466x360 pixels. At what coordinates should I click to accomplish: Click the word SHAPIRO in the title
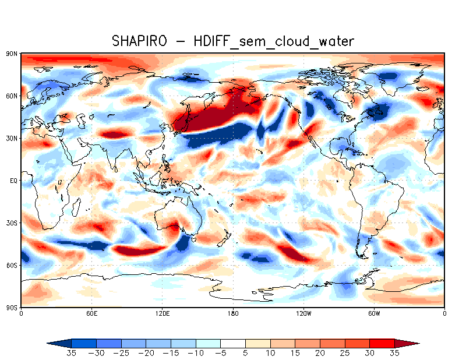click(139, 41)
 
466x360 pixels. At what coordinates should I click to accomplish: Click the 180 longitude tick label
click(233, 314)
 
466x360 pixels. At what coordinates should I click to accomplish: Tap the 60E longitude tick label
click(91, 314)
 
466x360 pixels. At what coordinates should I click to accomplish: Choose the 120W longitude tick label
click(303, 314)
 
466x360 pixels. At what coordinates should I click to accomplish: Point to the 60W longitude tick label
click(374, 314)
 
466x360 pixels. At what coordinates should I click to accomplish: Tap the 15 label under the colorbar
click(295, 353)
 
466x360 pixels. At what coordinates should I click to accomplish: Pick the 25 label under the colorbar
click(345, 353)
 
